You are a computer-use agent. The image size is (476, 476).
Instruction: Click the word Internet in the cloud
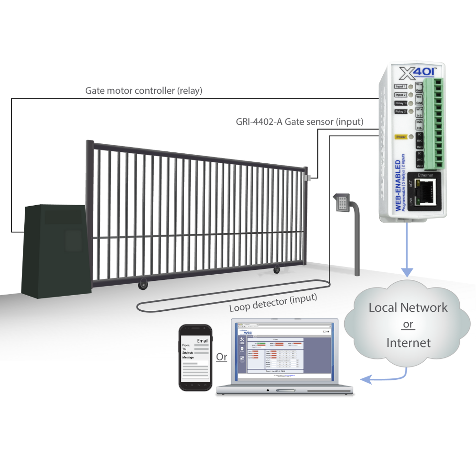(408, 342)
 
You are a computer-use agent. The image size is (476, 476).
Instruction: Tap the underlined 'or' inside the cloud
(408, 325)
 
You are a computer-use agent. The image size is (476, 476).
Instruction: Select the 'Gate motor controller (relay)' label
(143, 91)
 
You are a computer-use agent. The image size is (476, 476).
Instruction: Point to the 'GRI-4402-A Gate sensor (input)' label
(299, 122)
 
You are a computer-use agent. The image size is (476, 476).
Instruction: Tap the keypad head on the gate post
(342, 203)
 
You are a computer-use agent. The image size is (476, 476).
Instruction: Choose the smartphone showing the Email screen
(195, 357)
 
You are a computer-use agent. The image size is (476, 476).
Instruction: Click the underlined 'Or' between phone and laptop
(221, 357)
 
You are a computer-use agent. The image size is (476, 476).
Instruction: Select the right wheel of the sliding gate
(276, 270)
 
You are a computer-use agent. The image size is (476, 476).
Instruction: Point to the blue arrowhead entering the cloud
(407, 272)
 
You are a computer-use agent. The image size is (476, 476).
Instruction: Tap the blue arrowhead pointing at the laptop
(366, 379)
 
